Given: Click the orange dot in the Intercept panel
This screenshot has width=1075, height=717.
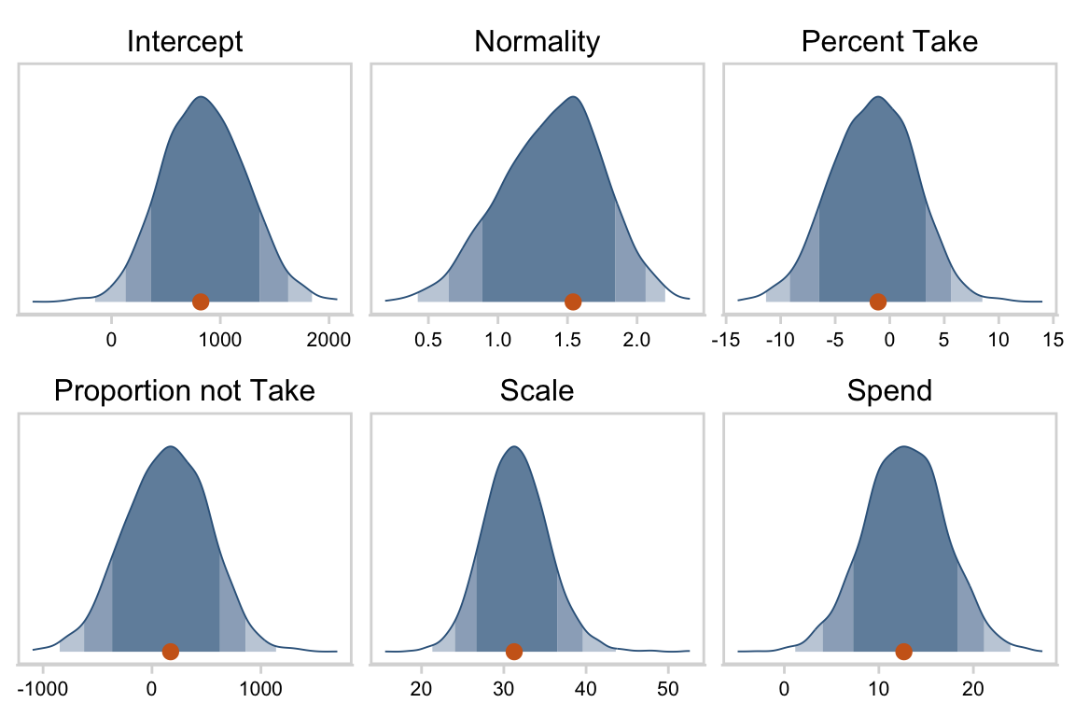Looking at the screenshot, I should click(200, 302).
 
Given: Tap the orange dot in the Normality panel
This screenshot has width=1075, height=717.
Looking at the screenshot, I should click(573, 302).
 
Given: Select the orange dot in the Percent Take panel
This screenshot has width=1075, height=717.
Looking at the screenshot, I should click(878, 302).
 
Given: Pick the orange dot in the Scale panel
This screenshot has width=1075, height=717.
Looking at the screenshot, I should click(514, 652).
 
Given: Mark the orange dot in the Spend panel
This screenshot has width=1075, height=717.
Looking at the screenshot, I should click(903, 652).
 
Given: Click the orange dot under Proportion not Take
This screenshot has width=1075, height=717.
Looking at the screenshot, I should click(170, 652).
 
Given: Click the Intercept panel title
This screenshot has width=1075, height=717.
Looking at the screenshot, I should click(185, 42).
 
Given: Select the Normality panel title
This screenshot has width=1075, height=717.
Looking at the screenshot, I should click(537, 42).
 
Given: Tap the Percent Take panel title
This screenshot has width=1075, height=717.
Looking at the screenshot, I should click(890, 42).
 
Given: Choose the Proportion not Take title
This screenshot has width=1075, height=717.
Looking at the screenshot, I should click(185, 391).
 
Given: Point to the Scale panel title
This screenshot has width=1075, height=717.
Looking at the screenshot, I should click(537, 391).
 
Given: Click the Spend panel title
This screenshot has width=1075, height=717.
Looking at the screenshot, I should click(890, 391).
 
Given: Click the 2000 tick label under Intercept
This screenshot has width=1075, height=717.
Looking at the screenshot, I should click(328, 341).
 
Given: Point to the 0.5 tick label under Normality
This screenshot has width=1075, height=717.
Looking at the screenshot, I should click(428, 341).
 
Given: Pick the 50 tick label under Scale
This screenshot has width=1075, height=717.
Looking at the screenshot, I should click(667, 691).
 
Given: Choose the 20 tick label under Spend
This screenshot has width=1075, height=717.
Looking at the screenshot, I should click(973, 691).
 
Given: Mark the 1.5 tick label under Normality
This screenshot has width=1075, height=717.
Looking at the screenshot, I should click(567, 341).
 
